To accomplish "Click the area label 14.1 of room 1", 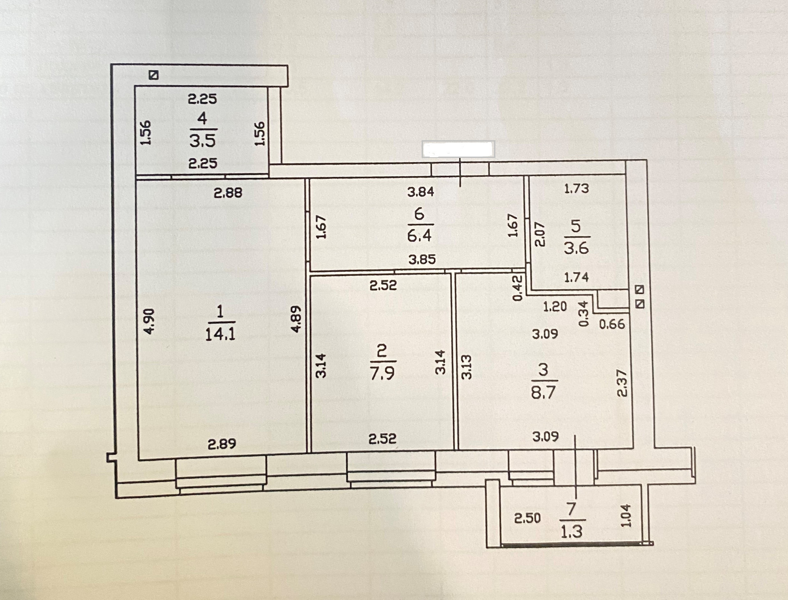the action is coord(220,334).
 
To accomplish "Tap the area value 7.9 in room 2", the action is coord(382,373).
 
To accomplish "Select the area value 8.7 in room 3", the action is coord(543,392).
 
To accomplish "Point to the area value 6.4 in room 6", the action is coord(419,236).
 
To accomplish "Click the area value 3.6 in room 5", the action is coord(576,248).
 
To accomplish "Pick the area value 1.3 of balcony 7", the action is coord(571,532).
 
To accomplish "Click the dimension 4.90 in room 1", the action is coord(149,321).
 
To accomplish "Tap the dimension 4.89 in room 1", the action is coord(296,318).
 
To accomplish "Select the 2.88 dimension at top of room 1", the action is coord(228,192).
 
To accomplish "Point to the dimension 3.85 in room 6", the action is coord(422,260).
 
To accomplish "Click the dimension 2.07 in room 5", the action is coord(540,234).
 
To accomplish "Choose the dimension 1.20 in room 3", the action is coord(555,307).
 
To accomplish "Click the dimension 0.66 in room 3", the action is coord(612,324).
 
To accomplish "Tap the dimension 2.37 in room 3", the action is coord(623,383).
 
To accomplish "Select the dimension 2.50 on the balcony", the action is coord(527,518).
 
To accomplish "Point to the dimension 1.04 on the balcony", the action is coord(626,515).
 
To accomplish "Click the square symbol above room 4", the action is coord(154,75).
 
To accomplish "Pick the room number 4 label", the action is coord(202,118).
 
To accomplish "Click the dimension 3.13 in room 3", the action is coord(467,367).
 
